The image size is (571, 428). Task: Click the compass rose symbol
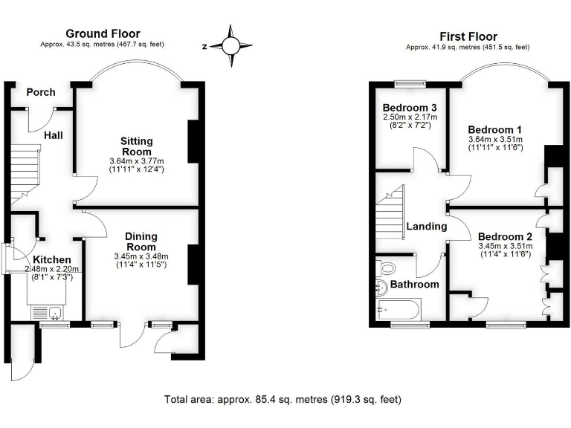[x=230, y=45]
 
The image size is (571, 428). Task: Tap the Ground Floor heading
[x=103, y=33]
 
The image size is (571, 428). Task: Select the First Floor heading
[x=468, y=36]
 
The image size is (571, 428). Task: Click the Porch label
[x=41, y=92]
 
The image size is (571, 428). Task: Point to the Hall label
[x=53, y=135]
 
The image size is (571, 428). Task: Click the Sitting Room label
[x=137, y=146]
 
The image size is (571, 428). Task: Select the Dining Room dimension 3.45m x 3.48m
[x=141, y=256]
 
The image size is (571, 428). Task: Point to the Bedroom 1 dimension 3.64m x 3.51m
[x=495, y=139]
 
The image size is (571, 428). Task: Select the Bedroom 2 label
[x=504, y=236]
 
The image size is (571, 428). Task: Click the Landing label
[x=427, y=226]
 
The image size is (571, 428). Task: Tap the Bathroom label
[x=415, y=284]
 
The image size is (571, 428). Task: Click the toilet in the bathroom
[x=385, y=267]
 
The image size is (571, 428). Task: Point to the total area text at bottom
[x=283, y=399]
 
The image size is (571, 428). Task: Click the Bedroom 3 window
[x=410, y=82]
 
